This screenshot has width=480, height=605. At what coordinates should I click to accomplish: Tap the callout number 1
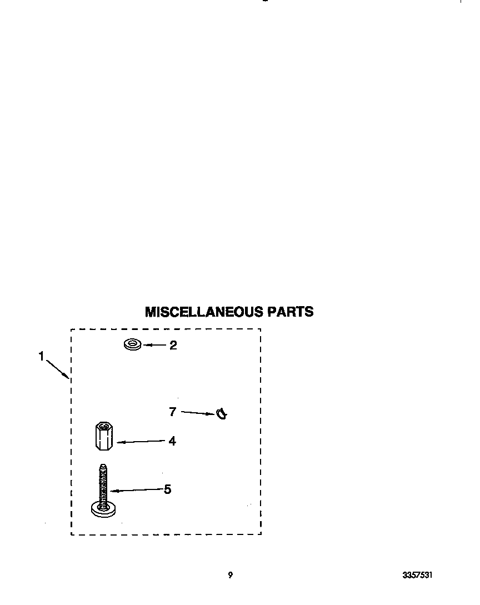41,357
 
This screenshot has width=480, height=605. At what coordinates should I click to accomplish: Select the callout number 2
173,346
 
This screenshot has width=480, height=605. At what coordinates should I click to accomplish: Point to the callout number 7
173,412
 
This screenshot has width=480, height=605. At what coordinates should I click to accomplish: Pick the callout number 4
172,441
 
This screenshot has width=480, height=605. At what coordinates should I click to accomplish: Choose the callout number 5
167,489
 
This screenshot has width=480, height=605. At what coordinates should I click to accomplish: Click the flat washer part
132,344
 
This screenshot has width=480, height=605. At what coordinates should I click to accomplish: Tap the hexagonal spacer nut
104,436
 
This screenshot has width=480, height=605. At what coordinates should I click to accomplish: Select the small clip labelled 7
222,414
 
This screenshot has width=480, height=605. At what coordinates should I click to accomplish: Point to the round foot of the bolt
103,509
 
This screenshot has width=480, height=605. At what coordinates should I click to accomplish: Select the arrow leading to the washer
154,346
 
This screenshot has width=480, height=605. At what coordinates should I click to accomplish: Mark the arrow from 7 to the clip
198,413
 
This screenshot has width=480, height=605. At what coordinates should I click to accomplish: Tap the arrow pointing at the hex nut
141,442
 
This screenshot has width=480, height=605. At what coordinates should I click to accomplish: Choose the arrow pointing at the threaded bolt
136,490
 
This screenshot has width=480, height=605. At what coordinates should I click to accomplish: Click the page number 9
231,575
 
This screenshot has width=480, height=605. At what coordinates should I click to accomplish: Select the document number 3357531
417,575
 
